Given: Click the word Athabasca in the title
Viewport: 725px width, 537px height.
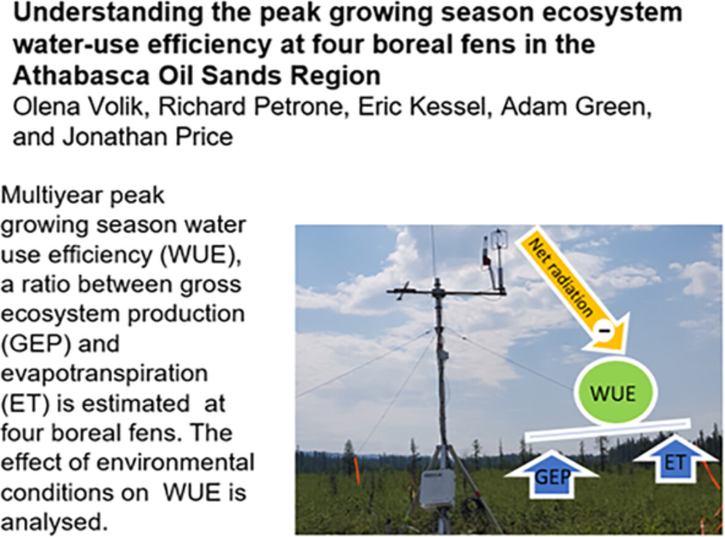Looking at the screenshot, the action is point(82,75).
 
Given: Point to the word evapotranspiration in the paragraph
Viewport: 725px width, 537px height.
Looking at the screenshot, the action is point(104,373).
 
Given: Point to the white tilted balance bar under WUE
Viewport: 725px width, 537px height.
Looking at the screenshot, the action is point(608,430).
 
